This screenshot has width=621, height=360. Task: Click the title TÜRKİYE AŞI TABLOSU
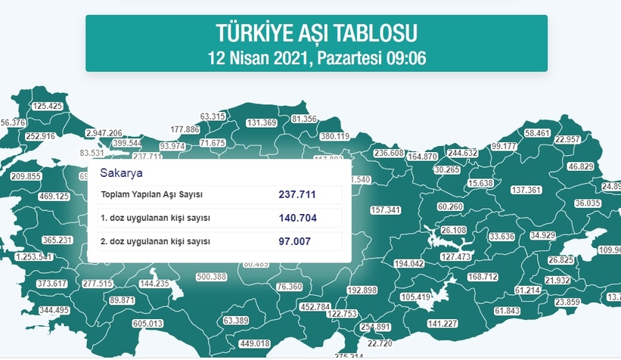point(316,33)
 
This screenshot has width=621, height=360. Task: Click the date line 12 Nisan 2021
point(316,57)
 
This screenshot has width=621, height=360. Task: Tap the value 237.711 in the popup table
point(297,194)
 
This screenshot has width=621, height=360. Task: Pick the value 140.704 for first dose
point(297,219)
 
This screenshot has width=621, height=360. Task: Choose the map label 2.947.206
point(104,132)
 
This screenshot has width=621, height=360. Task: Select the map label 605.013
point(147,324)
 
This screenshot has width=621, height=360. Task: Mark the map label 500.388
point(211,277)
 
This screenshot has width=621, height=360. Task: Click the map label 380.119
point(334,136)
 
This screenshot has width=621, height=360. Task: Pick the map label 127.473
point(455,257)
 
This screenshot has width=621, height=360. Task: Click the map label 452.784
point(315,307)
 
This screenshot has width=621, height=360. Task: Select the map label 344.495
point(54,310)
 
